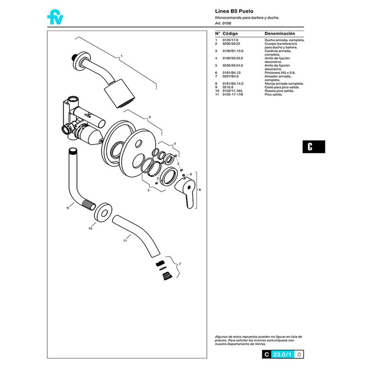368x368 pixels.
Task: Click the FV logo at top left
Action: [x=55, y=17]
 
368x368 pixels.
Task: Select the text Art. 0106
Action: [x=223, y=23]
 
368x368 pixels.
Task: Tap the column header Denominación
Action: [x=280, y=34]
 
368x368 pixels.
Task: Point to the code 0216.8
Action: [x=228, y=87]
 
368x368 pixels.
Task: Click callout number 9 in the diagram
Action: [x=68, y=208]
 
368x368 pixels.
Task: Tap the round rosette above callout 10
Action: [x=102, y=212]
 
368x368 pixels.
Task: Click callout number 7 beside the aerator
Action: [x=179, y=264]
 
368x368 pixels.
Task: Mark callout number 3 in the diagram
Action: [x=149, y=117]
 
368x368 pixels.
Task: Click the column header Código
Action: [x=230, y=34]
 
